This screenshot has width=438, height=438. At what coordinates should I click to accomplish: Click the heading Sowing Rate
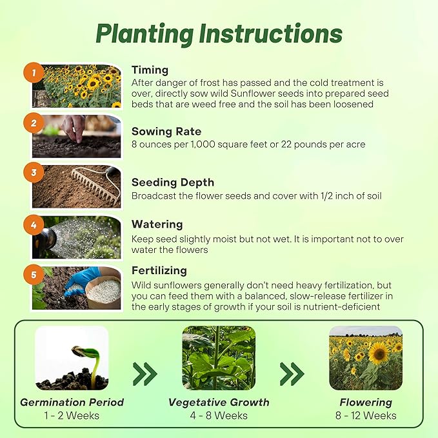click(166, 132)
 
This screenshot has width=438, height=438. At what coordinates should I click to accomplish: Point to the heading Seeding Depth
click(173, 183)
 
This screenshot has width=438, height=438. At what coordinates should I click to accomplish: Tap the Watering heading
click(157, 224)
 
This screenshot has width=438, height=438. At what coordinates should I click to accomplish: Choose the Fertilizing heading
click(159, 271)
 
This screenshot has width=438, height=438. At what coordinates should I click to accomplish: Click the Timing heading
click(150, 70)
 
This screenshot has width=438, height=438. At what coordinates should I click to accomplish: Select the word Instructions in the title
click(271, 34)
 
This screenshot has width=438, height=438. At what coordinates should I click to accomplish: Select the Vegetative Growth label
click(219, 403)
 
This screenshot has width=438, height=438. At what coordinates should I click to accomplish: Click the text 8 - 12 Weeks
click(366, 415)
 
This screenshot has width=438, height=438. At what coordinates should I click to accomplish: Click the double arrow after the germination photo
click(145, 373)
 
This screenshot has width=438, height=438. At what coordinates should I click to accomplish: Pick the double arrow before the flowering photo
click(292, 373)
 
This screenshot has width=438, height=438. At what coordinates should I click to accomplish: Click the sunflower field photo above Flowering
click(366, 357)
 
